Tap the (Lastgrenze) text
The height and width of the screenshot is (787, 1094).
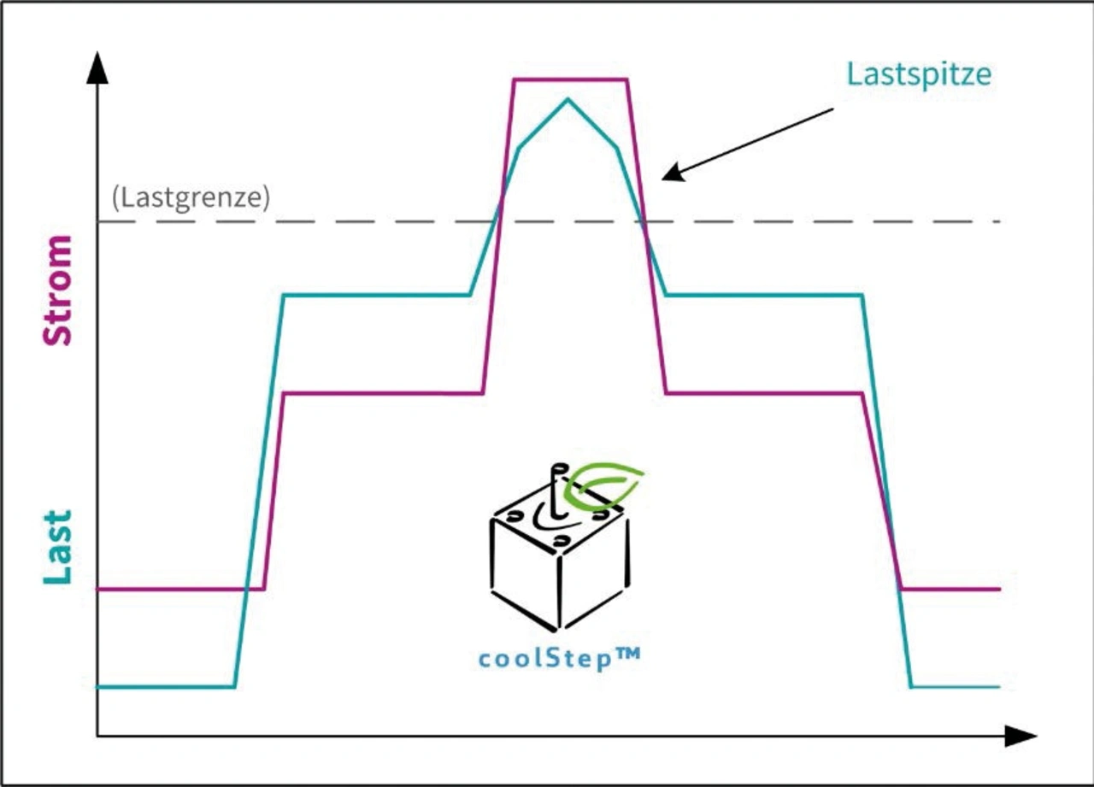[x=191, y=197]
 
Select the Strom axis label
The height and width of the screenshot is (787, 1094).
[x=58, y=291]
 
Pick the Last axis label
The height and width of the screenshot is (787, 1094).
[x=58, y=547]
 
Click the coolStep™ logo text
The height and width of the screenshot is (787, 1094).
[x=560, y=659]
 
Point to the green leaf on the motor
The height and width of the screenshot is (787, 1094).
[x=603, y=485]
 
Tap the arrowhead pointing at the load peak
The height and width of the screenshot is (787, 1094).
[x=673, y=173]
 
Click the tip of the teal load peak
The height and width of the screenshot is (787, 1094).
[x=568, y=99]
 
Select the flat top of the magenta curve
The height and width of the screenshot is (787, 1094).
[x=570, y=79]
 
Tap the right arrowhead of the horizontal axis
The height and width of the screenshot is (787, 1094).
[x=1020, y=736]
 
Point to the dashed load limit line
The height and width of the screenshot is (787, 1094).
[x=550, y=221]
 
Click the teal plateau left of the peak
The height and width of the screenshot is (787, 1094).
[x=377, y=295]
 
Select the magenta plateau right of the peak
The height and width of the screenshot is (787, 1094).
[x=764, y=393]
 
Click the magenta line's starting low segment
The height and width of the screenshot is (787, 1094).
[x=180, y=590]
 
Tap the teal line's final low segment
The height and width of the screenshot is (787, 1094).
[x=956, y=687]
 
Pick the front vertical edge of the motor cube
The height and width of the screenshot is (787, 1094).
[x=559, y=591]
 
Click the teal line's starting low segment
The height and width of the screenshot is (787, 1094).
[x=166, y=687]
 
